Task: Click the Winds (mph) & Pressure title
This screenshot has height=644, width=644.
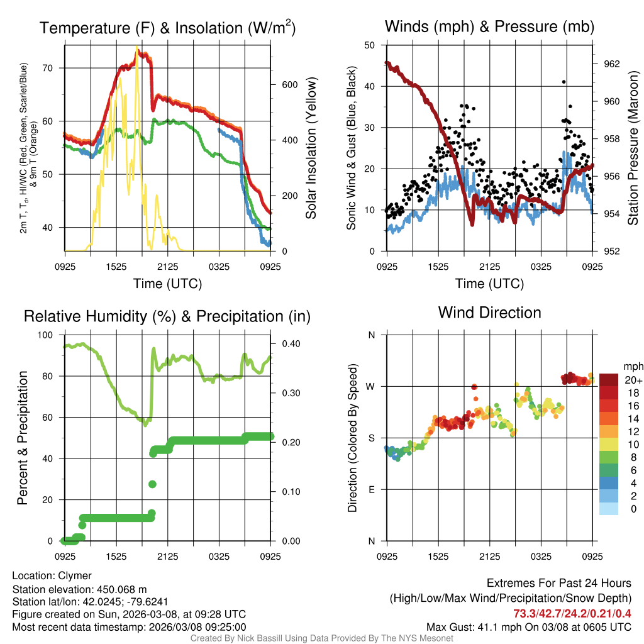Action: click(x=489, y=26)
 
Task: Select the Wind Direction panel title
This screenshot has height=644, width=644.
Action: click(x=489, y=313)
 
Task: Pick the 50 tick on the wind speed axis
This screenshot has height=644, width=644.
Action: click(x=370, y=45)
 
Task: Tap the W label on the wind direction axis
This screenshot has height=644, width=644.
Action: click(x=371, y=386)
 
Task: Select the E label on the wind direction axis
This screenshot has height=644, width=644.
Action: click(x=372, y=489)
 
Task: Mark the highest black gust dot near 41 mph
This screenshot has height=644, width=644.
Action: click(x=563, y=82)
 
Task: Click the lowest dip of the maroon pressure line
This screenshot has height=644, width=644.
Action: click(x=472, y=224)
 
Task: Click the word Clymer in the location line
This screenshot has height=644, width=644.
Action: click(x=75, y=575)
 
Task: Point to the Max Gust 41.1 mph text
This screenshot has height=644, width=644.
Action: click(x=528, y=627)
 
